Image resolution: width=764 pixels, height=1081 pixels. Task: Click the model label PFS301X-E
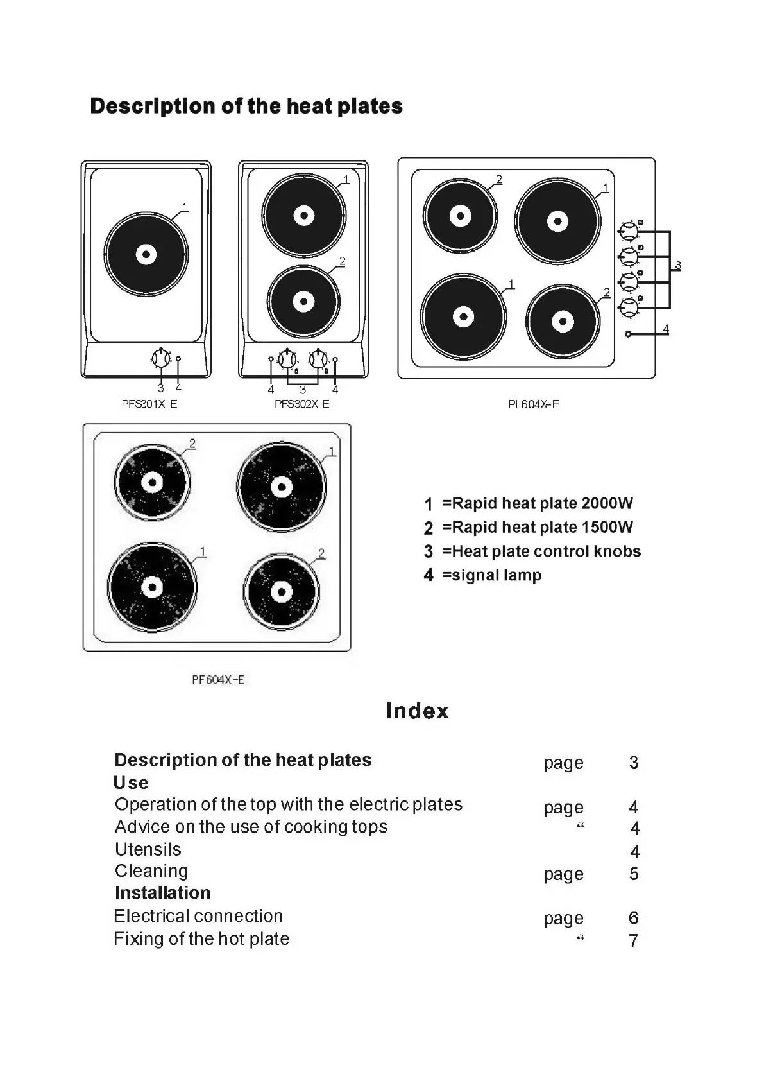tap(149, 404)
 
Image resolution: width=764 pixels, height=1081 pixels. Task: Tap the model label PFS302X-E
tap(302, 404)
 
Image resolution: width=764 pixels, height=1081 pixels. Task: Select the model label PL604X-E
tap(534, 404)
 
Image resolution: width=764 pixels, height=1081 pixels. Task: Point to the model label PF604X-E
tap(218, 680)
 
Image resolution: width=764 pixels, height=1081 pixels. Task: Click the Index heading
tap(417, 711)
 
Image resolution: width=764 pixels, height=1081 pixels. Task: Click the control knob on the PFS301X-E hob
tap(160, 358)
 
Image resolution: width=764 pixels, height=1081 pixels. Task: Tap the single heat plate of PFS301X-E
tap(146, 255)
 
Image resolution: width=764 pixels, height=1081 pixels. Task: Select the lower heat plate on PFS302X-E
tap(303, 302)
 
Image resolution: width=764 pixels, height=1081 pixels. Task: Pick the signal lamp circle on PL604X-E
tap(628, 334)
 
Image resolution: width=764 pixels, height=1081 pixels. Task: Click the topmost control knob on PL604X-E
tap(629, 230)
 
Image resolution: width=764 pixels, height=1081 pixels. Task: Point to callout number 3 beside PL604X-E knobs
tap(678, 266)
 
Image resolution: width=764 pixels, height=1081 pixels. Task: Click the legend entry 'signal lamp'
tap(491, 575)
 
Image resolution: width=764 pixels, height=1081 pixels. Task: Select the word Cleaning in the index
tap(151, 871)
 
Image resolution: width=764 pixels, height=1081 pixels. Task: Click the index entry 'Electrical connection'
tap(198, 916)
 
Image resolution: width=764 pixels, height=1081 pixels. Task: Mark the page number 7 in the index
tap(634, 941)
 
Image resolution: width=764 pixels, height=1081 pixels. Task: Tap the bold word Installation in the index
tap(162, 893)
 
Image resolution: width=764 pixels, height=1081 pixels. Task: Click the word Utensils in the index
tap(148, 849)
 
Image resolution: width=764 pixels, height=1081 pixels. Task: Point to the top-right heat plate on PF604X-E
tap(281, 487)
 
